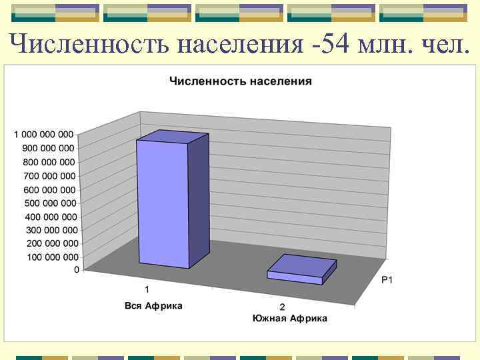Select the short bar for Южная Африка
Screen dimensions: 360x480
pos(301,270)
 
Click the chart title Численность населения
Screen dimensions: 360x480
pos(241,81)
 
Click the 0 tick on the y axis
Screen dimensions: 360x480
pos(76,270)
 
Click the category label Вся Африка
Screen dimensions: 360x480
pos(153,306)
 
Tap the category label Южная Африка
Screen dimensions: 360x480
pos(289,318)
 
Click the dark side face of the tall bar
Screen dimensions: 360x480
pos(198,200)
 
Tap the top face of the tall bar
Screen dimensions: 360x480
pos(173,137)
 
